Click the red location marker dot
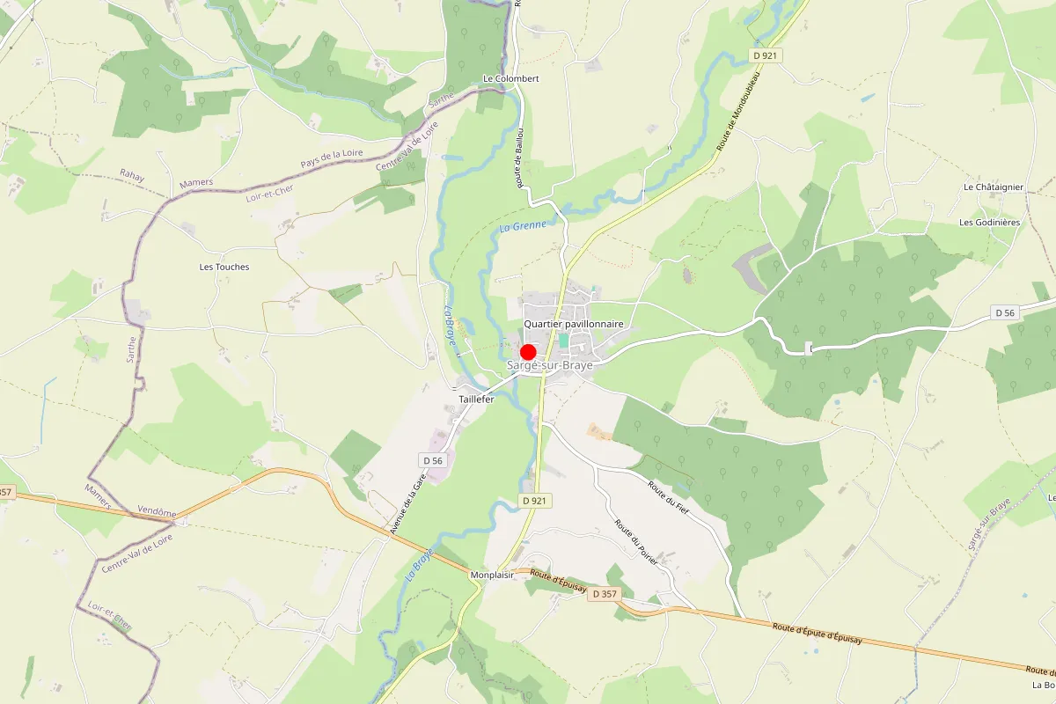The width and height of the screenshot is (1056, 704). coord(529,352)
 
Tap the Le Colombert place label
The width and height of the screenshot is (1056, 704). coord(510,78)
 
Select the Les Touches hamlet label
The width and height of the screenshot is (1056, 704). coord(224,267)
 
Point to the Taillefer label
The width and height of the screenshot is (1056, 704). coord(476,399)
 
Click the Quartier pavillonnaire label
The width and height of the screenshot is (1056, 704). coord(574,324)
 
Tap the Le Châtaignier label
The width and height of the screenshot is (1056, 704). coord(993,187)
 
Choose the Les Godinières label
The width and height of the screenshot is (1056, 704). coord(990,222)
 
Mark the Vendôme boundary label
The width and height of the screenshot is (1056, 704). coord(158,513)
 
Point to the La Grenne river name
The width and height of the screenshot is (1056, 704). coord(523,226)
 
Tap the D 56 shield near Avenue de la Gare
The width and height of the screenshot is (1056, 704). coord(432,460)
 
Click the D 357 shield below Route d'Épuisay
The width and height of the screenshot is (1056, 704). coord(605,594)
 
